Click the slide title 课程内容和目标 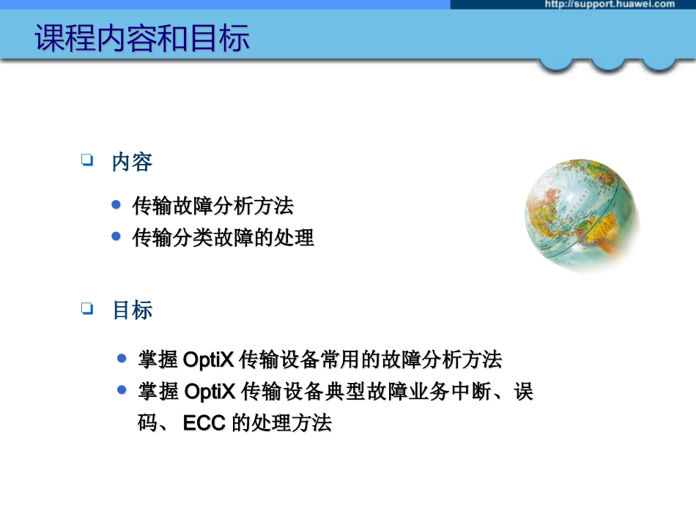(142, 39)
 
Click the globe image (582, 216)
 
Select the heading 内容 (132, 162)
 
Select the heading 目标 (132, 310)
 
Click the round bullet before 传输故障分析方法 (116, 205)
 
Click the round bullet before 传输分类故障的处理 (116, 236)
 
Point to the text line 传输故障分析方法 (212, 206)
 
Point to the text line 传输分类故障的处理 (223, 238)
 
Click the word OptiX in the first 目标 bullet (209, 360)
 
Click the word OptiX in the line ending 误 (209, 392)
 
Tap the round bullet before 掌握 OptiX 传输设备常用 (122, 359)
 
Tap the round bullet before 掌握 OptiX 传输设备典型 (122, 390)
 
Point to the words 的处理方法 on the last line (281, 423)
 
